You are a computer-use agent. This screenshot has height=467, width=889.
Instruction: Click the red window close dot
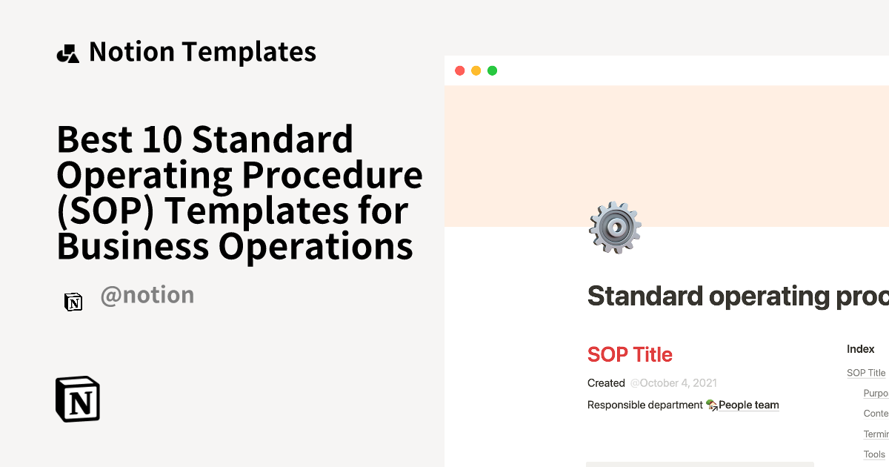(x=459, y=70)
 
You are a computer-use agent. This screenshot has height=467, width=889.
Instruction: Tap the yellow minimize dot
(x=476, y=70)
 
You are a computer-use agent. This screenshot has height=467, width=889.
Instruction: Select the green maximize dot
(x=492, y=70)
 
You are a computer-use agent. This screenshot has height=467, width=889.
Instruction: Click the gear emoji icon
(x=614, y=228)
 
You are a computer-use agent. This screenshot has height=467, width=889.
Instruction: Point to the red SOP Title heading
(x=630, y=354)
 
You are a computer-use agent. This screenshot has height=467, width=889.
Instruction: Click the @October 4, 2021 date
(x=673, y=383)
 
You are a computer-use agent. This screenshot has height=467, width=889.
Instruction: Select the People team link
(x=748, y=405)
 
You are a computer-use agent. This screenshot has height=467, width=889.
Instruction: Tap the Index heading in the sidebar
(x=861, y=348)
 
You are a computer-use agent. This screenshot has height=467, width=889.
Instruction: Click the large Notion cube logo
(x=78, y=400)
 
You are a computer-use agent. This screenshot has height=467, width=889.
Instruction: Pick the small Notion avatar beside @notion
(x=73, y=302)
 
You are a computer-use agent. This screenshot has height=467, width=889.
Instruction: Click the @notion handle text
(x=147, y=295)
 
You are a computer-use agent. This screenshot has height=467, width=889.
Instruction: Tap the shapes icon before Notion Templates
(x=67, y=53)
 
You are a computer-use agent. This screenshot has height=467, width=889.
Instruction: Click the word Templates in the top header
(x=249, y=52)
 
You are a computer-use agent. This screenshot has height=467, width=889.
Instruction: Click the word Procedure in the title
(x=331, y=175)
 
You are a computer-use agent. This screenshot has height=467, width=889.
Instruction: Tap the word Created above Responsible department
(x=606, y=383)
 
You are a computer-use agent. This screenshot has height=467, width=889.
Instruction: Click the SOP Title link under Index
(x=866, y=373)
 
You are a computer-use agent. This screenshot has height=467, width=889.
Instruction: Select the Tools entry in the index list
(x=874, y=454)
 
